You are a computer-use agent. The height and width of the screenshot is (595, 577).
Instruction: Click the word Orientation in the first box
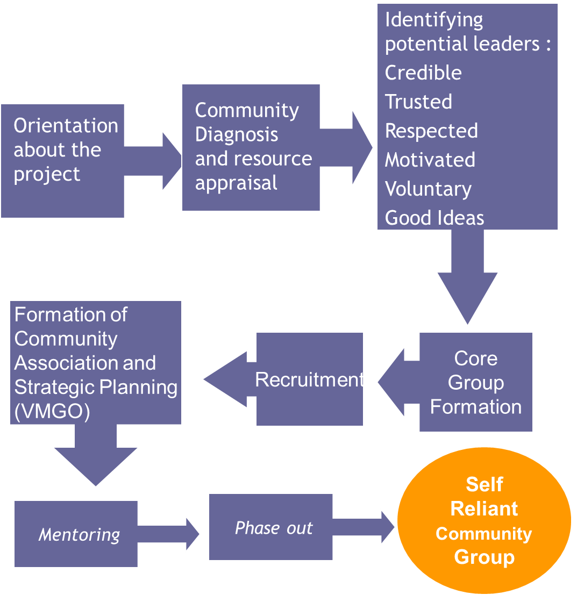[x=66, y=126]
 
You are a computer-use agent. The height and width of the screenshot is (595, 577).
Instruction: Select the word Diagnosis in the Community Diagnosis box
[x=236, y=134]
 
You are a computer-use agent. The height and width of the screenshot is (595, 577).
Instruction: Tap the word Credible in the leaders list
[x=423, y=73]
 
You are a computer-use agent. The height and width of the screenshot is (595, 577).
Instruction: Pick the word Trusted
[x=418, y=102]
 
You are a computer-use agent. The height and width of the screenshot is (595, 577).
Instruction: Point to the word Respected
[x=431, y=131]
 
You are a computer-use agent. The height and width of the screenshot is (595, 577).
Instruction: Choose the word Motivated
[x=430, y=160]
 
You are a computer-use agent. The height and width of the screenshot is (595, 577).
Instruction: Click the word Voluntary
[x=428, y=189]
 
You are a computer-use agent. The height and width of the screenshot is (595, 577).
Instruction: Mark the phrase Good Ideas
[x=434, y=218]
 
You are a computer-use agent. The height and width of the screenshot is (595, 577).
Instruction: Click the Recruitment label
[x=309, y=379]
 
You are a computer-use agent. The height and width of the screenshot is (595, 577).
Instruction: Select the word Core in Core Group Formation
[x=476, y=359]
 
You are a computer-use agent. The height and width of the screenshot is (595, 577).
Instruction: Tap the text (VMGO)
[x=52, y=411]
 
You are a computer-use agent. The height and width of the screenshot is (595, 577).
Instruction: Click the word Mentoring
[x=79, y=535]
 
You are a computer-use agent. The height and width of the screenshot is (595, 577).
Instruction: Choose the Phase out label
[x=274, y=528]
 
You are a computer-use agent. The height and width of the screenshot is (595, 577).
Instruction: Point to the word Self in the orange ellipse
[x=484, y=484]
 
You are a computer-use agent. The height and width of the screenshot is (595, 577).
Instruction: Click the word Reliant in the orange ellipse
[x=484, y=508]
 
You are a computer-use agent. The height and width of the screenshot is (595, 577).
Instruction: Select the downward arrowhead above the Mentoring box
[x=96, y=465]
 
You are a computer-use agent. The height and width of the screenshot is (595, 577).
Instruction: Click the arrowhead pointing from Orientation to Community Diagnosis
[x=172, y=161]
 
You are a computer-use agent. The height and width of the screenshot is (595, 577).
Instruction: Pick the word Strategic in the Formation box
[x=57, y=388]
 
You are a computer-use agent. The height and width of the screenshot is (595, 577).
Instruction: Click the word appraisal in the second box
[x=236, y=183]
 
